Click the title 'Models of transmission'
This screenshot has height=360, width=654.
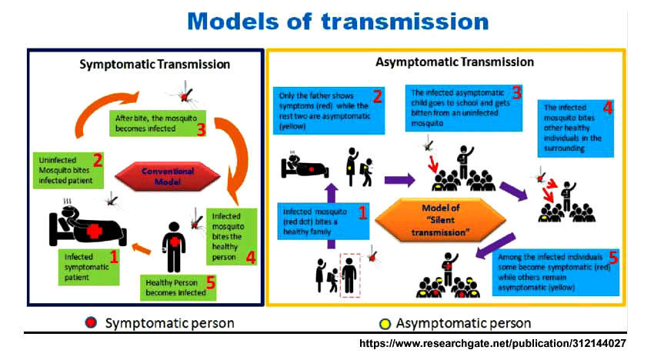pos(338,21)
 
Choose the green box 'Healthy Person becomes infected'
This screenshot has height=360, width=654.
pos(175,287)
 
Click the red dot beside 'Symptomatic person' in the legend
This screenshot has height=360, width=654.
pos(92,322)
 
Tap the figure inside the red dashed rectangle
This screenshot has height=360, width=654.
pos(349,273)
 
